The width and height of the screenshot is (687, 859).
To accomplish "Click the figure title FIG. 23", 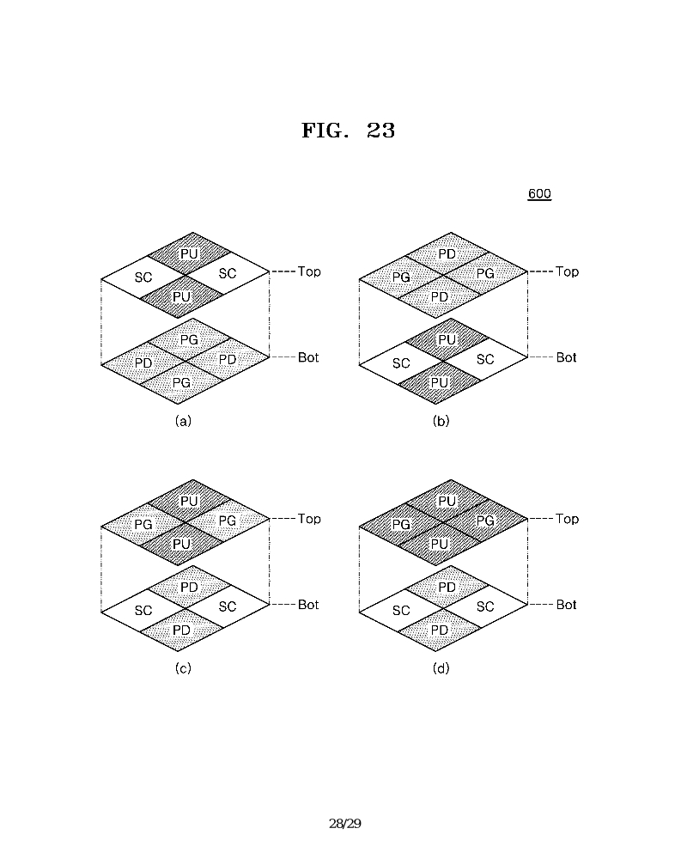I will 348,131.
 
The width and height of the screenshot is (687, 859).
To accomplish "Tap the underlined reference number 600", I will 539,194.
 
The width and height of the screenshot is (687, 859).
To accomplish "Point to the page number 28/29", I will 345,824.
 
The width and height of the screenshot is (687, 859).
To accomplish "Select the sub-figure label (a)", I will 183,421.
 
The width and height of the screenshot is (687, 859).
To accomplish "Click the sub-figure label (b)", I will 441,421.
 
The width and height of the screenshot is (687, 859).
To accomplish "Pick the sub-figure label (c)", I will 183,668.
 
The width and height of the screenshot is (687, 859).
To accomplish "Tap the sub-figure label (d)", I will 441,668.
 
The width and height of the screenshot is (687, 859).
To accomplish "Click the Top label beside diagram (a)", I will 309,271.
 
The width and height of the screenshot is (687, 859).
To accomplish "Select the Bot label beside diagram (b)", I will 567,357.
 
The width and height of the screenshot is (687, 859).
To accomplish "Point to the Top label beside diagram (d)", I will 567,519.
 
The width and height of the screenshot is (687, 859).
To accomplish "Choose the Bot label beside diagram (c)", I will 308,605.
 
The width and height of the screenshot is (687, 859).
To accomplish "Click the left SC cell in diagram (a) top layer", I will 143,277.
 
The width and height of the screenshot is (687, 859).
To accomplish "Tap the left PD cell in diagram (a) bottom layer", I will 143,363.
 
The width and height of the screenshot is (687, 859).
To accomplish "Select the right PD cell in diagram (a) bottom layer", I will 228,359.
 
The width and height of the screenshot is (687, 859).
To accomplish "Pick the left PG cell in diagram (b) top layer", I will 401,277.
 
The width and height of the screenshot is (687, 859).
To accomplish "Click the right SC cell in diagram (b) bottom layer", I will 485,359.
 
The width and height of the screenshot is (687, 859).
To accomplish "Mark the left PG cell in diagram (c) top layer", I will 143,524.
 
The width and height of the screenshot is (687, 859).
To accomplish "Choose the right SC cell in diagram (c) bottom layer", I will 228,606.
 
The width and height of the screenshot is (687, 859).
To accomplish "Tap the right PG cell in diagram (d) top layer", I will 485,521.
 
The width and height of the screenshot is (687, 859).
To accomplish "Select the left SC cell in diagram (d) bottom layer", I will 401,611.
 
